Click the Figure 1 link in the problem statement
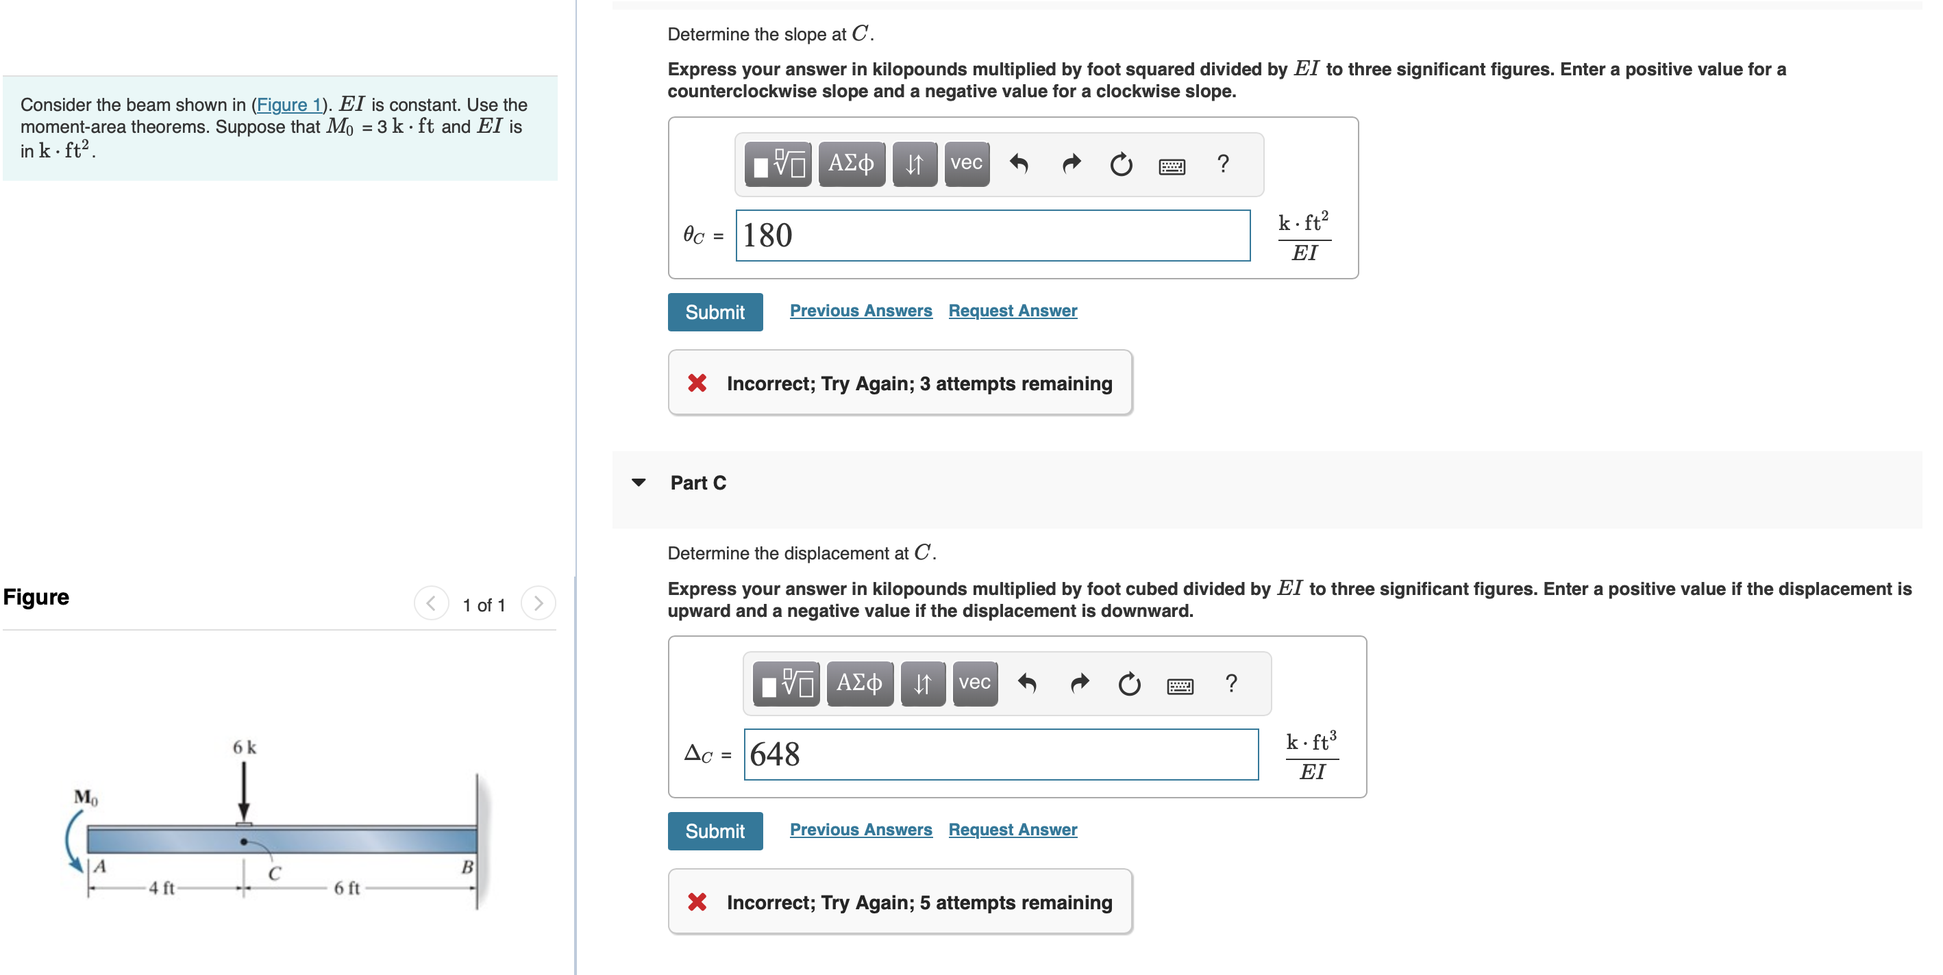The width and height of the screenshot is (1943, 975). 289,105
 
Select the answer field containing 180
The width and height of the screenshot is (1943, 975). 992,236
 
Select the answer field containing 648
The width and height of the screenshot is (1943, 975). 1000,755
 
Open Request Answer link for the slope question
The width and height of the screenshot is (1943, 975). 1011,311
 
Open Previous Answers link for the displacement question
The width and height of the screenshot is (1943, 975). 860,829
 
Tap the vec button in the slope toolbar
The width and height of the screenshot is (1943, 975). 965,164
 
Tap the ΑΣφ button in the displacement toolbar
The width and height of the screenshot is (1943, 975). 858,683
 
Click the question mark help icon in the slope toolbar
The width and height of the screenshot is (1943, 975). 1222,164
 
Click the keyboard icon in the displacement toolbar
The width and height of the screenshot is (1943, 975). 1179,685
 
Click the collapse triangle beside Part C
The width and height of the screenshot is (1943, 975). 638,483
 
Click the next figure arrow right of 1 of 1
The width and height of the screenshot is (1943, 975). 538,604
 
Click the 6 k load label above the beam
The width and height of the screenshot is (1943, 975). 244,747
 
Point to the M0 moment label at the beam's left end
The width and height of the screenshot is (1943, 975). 85,797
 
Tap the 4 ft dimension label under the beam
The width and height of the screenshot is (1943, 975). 162,887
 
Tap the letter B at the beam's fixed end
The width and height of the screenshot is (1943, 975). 467,868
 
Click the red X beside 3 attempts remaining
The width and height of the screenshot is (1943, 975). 697,384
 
